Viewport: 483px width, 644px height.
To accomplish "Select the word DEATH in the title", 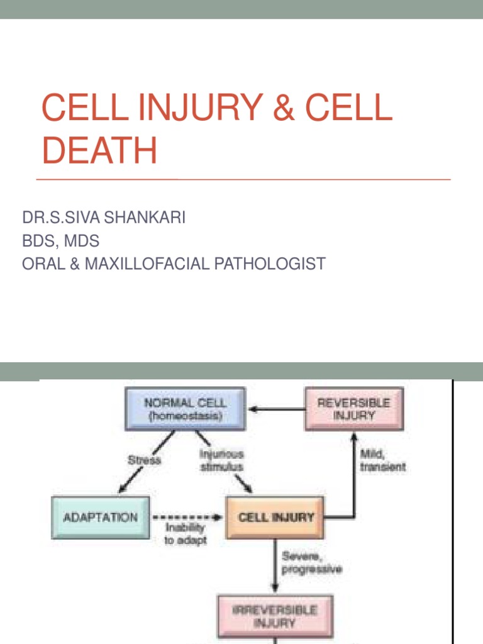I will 99,152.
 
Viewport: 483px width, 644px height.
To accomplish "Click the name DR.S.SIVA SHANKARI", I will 104,218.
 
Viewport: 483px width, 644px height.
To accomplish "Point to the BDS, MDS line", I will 60,241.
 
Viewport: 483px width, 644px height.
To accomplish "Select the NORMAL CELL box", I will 185,409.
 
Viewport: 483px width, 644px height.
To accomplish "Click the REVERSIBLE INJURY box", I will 353,409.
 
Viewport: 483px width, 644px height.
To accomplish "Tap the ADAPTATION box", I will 101,518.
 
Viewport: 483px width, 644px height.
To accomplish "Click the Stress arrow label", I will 144,460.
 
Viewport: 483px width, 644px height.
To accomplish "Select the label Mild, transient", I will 382,460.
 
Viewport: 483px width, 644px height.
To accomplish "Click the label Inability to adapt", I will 185,536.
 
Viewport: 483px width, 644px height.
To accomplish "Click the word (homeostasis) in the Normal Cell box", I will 185,416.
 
